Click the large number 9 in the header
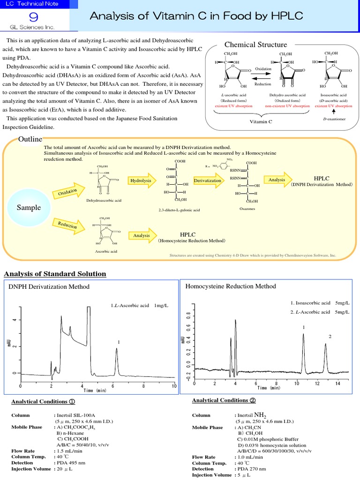point(33,17)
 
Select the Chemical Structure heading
point(255,45)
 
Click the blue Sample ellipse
point(29,207)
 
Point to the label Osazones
point(247,209)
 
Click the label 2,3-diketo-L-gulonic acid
point(179,210)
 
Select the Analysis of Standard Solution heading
point(55,274)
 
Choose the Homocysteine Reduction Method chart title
point(231,286)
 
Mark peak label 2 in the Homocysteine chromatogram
point(330,337)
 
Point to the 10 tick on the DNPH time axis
point(174,386)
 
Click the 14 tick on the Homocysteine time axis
point(337,383)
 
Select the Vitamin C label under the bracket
point(261,121)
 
